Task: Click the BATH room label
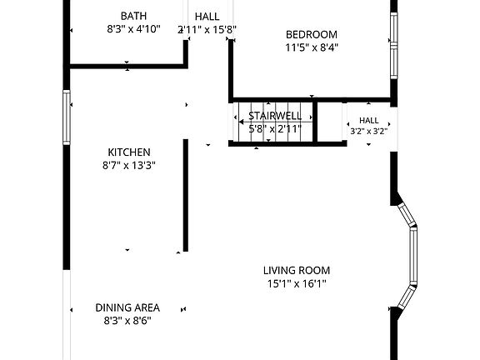click(133, 16)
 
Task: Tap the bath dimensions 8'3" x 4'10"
click(134, 29)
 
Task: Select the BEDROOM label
click(312, 35)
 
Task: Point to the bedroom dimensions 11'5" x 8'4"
click(312, 47)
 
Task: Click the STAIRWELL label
click(275, 116)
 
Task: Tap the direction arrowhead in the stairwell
click(241, 122)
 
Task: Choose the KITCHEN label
click(129, 152)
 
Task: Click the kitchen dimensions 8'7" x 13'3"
click(129, 166)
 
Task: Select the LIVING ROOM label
click(297, 270)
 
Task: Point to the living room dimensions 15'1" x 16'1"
click(297, 284)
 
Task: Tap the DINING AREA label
click(127, 307)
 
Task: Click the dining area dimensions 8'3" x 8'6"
click(127, 321)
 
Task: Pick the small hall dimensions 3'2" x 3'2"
click(369, 132)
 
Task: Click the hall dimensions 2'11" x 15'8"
click(207, 30)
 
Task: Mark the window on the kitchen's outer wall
click(67, 117)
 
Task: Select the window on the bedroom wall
click(394, 46)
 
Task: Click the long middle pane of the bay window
click(413, 256)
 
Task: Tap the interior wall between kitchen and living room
click(186, 195)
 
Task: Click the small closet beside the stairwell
click(329, 122)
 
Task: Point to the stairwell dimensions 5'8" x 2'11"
click(275, 129)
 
